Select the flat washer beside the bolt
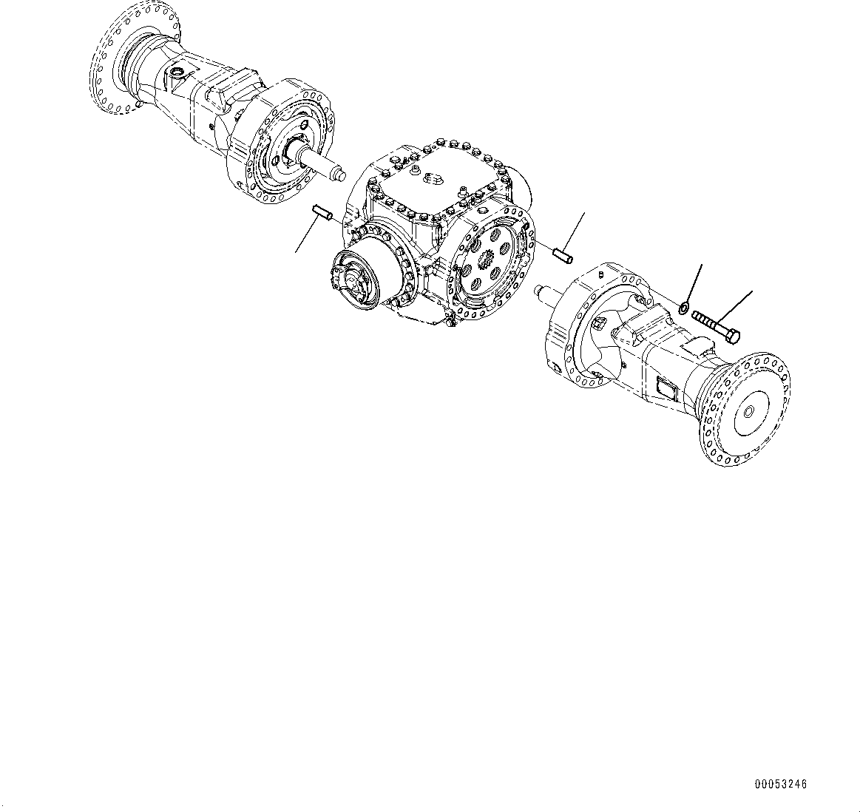click(685, 307)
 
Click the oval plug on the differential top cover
click(431, 178)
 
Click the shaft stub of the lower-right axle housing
click(548, 293)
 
